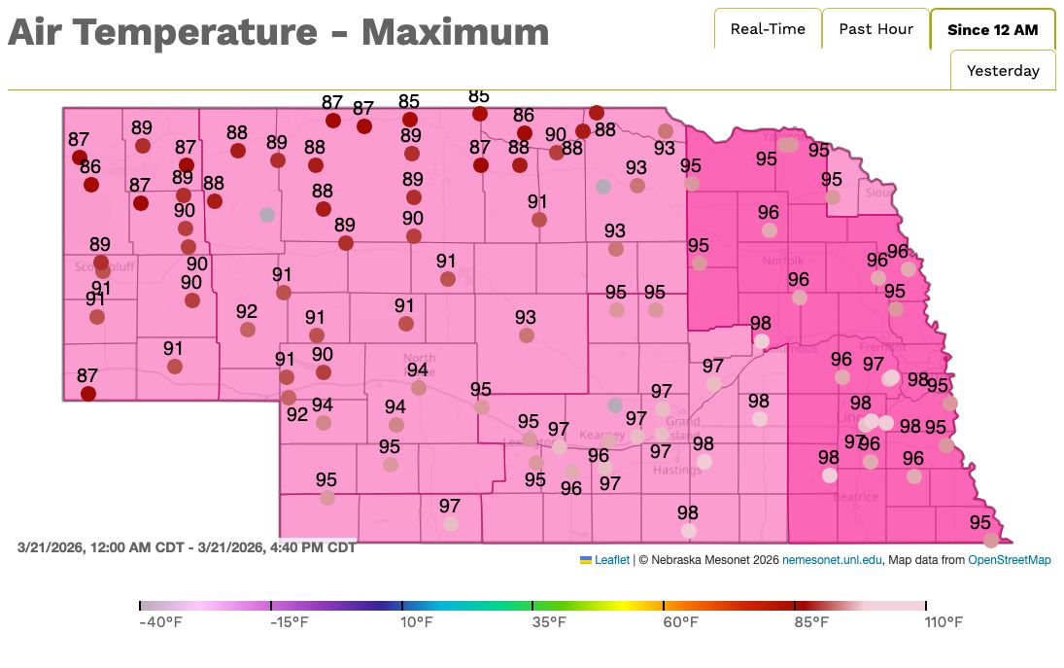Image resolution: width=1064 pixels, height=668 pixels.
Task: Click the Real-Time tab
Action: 768,29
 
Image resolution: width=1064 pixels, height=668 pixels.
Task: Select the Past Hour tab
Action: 875,29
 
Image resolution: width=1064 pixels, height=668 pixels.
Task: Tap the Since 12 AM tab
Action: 992,30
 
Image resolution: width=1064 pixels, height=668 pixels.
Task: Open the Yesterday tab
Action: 1003,71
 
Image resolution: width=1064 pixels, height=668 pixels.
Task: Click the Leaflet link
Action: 612,560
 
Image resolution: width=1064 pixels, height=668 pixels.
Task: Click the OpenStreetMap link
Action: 1009,560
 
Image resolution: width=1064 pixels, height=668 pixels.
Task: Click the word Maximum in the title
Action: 455,33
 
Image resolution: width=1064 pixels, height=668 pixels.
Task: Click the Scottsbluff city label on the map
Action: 102,265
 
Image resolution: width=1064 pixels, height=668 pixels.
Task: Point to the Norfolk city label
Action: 782,261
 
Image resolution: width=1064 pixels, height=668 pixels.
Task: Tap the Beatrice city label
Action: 855,497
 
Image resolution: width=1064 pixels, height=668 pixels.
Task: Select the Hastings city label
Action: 677,471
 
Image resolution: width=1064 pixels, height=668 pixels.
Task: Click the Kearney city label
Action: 601,434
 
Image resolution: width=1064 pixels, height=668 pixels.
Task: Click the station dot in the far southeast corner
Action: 990,541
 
